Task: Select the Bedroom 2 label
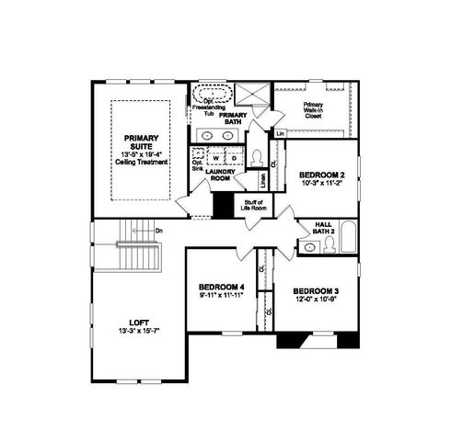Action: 322,175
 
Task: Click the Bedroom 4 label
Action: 221,288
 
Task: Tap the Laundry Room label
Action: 220,175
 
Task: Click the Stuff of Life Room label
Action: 253,204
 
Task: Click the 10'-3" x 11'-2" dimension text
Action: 322,182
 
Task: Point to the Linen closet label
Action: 263,180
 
